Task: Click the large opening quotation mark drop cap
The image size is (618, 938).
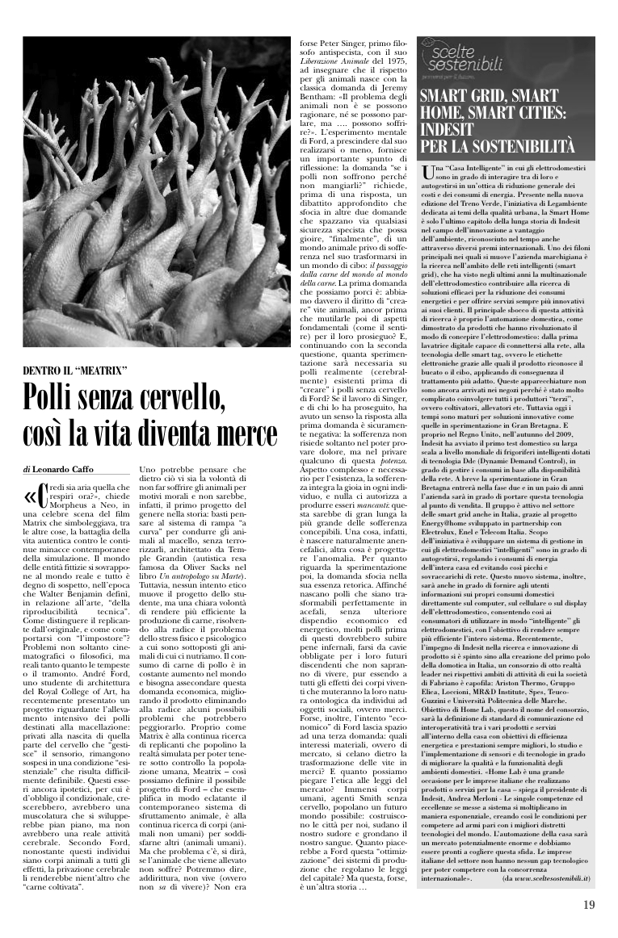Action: [x=33, y=495]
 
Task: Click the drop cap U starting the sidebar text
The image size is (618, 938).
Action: [x=427, y=171]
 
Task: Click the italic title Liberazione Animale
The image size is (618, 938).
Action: [x=333, y=61]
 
